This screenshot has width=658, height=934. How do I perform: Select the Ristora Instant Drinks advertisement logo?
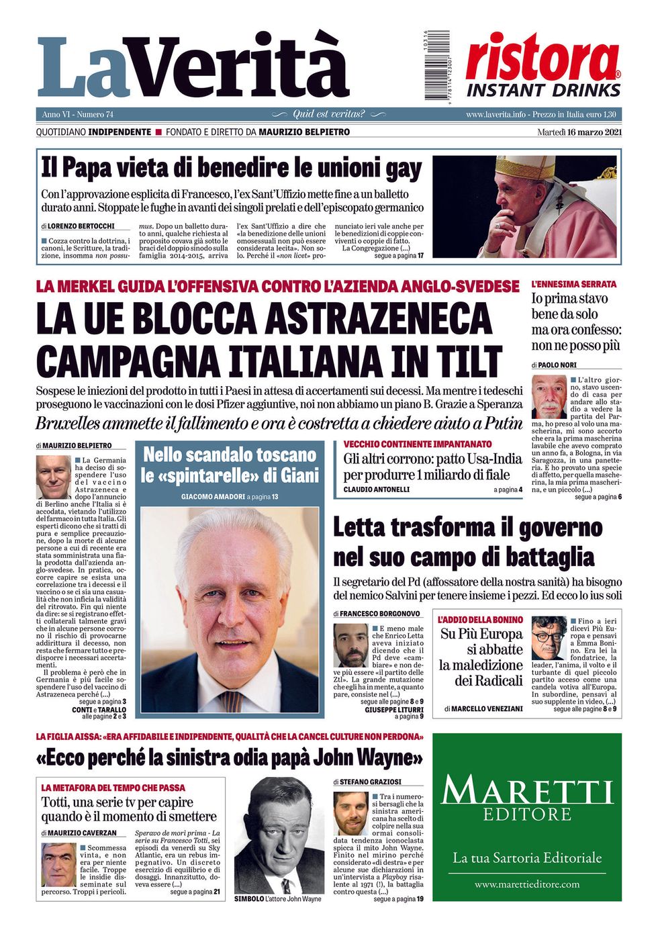[543, 66]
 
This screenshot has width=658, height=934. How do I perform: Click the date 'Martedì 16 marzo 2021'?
[579, 132]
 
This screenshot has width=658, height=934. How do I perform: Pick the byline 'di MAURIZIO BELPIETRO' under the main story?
[74, 446]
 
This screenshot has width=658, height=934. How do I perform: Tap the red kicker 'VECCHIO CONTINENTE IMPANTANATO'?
[418, 445]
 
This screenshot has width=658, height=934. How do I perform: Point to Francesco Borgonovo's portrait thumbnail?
[351, 646]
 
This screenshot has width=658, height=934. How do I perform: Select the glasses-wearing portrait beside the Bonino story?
[549, 638]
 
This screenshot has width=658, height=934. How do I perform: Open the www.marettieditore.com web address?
[527, 884]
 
